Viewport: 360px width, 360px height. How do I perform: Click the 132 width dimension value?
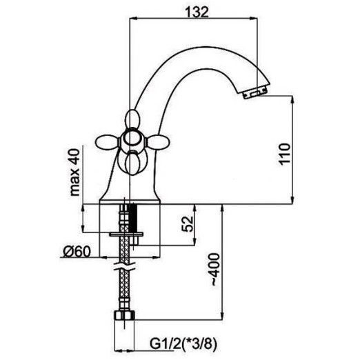coord(197,12)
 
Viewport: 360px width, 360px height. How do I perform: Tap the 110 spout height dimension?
coord(285,154)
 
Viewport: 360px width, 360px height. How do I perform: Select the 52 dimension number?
coord(188,224)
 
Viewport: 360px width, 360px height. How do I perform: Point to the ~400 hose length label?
coord(215,270)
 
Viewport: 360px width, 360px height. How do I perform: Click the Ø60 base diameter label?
coord(77,252)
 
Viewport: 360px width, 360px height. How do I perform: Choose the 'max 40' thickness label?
coord(75,172)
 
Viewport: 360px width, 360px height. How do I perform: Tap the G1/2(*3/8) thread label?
coord(183,344)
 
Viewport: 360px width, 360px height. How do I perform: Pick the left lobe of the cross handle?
coord(107,143)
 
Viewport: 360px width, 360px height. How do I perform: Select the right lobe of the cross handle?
coord(159,143)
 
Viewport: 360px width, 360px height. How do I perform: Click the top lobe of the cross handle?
coord(132,119)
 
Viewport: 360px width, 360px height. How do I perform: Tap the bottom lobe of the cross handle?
coord(132,164)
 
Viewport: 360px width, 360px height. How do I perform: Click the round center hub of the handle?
coord(132,139)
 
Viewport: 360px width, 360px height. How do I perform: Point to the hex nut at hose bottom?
coord(124,315)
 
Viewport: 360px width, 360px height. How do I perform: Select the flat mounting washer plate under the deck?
coord(126,234)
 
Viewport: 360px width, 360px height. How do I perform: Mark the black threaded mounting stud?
coord(133,218)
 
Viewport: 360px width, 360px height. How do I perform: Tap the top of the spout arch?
coord(202,47)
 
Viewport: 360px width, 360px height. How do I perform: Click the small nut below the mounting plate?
coord(134,241)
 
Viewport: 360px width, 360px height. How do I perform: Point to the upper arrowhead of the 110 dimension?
coord(292,100)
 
